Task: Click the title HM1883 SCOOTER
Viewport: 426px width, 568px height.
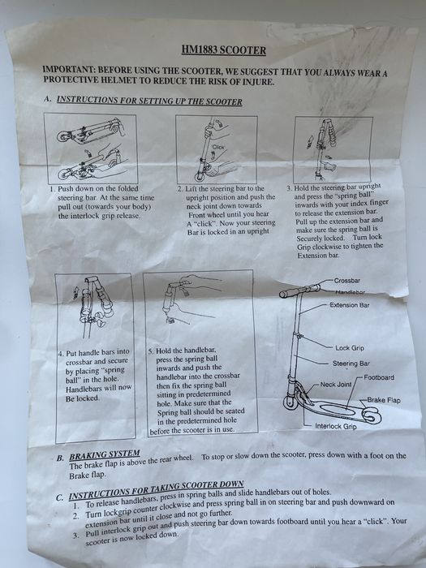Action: click(x=223, y=50)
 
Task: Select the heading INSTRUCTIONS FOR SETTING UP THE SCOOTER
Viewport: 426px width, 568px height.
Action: click(x=149, y=101)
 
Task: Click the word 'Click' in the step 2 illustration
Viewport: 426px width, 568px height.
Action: click(x=218, y=148)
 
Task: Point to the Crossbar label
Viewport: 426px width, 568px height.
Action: click(x=347, y=281)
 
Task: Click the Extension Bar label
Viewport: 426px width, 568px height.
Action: click(x=350, y=305)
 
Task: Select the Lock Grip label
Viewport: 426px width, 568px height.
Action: click(x=350, y=348)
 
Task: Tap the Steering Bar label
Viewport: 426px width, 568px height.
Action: click(x=351, y=364)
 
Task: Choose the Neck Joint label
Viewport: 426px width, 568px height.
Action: click(x=336, y=385)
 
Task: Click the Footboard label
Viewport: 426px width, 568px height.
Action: click(x=379, y=377)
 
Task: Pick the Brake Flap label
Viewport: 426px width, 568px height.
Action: click(x=384, y=400)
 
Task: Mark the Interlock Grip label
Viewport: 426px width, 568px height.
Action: click(x=336, y=426)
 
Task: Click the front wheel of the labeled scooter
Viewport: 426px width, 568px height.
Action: click(x=290, y=402)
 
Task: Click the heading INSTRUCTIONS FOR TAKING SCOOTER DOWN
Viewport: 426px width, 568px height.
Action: click(x=156, y=490)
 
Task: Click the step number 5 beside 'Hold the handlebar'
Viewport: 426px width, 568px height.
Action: click(x=152, y=351)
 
